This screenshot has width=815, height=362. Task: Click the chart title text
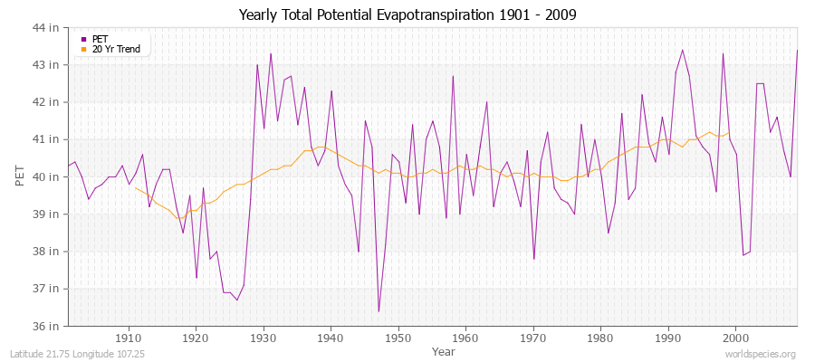tap(407, 14)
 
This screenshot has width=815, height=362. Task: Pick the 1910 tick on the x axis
tap(129, 338)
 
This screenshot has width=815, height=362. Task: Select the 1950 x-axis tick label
tap(398, 338)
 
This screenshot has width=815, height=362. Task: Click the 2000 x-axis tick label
tap(735, 338)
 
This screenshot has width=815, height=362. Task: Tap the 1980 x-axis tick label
tap(600, 338)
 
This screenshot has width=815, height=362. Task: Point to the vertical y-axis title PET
tap(21, 176)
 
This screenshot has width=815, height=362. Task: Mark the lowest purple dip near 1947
tap(379, 311)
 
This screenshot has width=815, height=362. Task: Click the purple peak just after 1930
tap(271, 53)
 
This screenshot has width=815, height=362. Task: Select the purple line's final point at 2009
tap(797, 50)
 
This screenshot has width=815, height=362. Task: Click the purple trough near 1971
tap(534, 259)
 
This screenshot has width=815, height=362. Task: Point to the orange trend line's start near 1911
tap(136, 187)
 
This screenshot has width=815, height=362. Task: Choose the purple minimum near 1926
tap(237, 300)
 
